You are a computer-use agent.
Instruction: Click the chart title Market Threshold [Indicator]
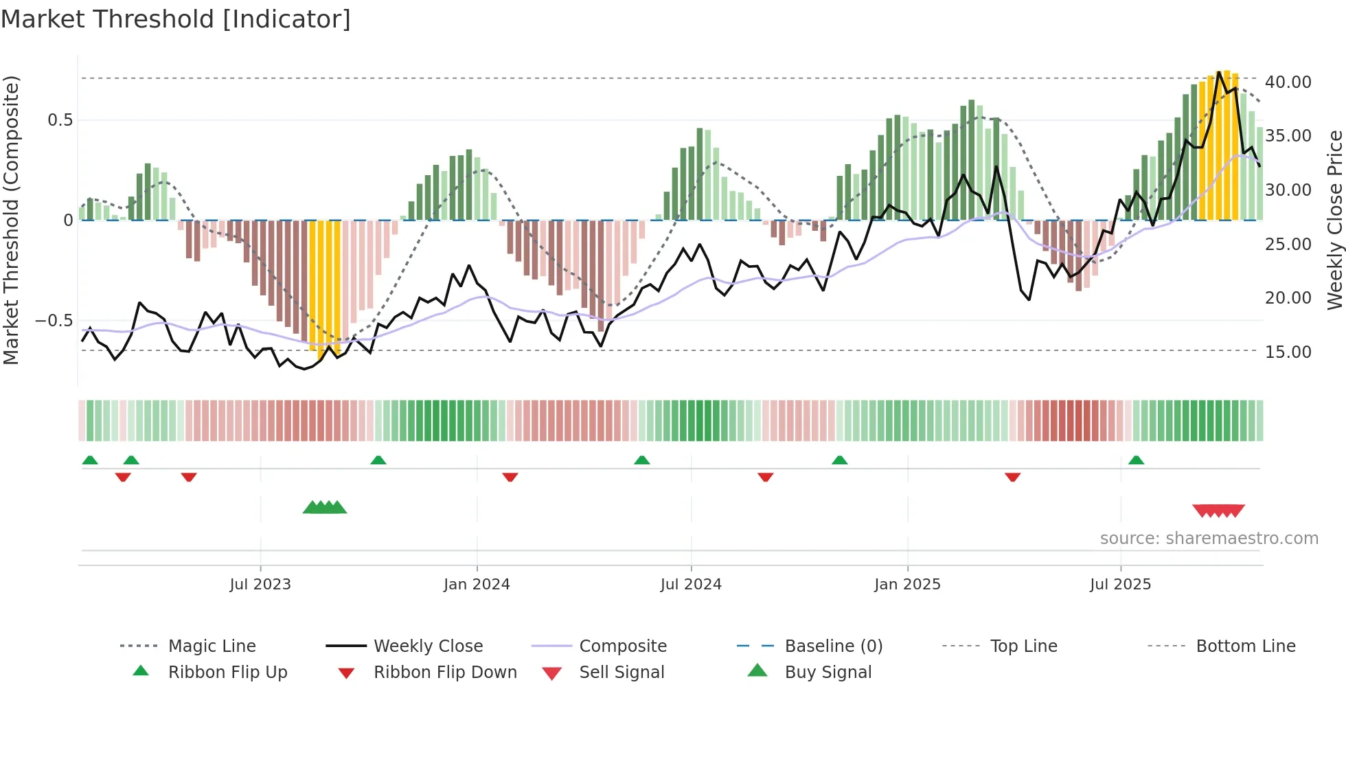(x=176, y=19)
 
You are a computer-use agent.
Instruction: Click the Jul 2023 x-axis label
(x=260, y=585)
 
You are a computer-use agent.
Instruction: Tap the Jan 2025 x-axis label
(x=907, y=585)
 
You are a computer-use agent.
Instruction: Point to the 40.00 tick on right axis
(x=1288, y=82)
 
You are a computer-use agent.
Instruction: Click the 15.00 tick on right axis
(x=1288, y=352)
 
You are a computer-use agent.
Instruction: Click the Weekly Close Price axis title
(x=1334, y=220)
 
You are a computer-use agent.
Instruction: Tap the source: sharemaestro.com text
(x=1209, y=539)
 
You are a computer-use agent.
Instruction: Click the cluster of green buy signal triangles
(x=325, y=508)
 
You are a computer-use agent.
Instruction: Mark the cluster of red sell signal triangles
(x=1218, y=510)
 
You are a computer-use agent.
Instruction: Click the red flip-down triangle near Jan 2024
(x=510, y=477)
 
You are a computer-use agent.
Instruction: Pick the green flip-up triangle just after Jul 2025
(x=1136, y=460)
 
